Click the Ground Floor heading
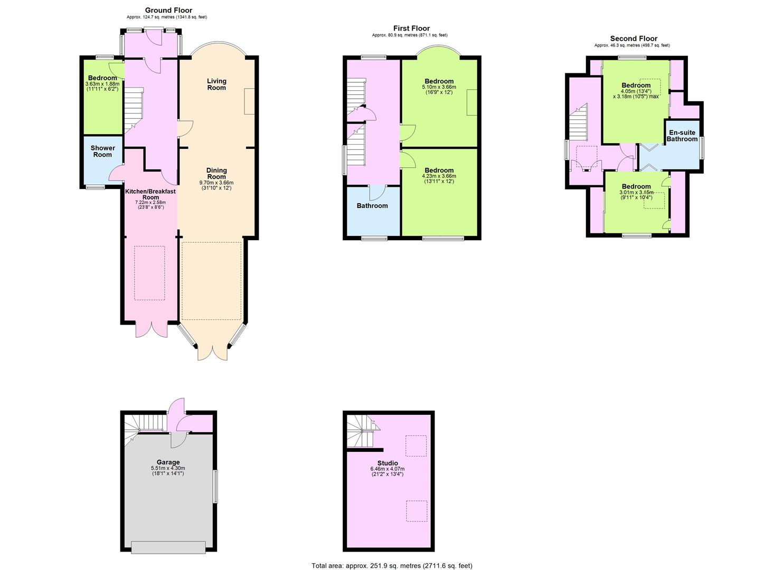point(168,10)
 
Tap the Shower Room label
point(102,151)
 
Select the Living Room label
point(216,84)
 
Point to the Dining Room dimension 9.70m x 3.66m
point(216,183)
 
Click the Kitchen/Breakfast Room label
point(150,194)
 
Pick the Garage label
point(168,462)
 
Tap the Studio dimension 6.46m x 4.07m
point(388,469)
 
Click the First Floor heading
point(411,28)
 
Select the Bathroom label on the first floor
point(372,206)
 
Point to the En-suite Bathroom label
point(682,136)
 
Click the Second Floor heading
point(634,39)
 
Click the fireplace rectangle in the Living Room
point(249,101)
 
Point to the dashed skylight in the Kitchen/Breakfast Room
point(149,273)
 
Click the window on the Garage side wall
point(215,487)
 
